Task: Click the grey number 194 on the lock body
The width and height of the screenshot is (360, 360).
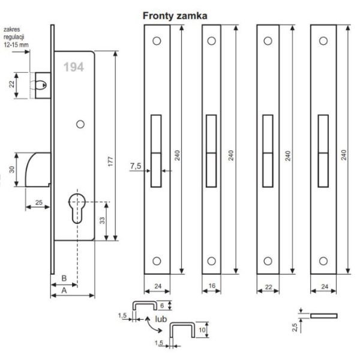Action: click(73, 68)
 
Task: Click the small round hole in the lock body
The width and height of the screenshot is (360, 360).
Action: click(79, 124)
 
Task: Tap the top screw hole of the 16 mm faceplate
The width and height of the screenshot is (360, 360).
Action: click(211, 42)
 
